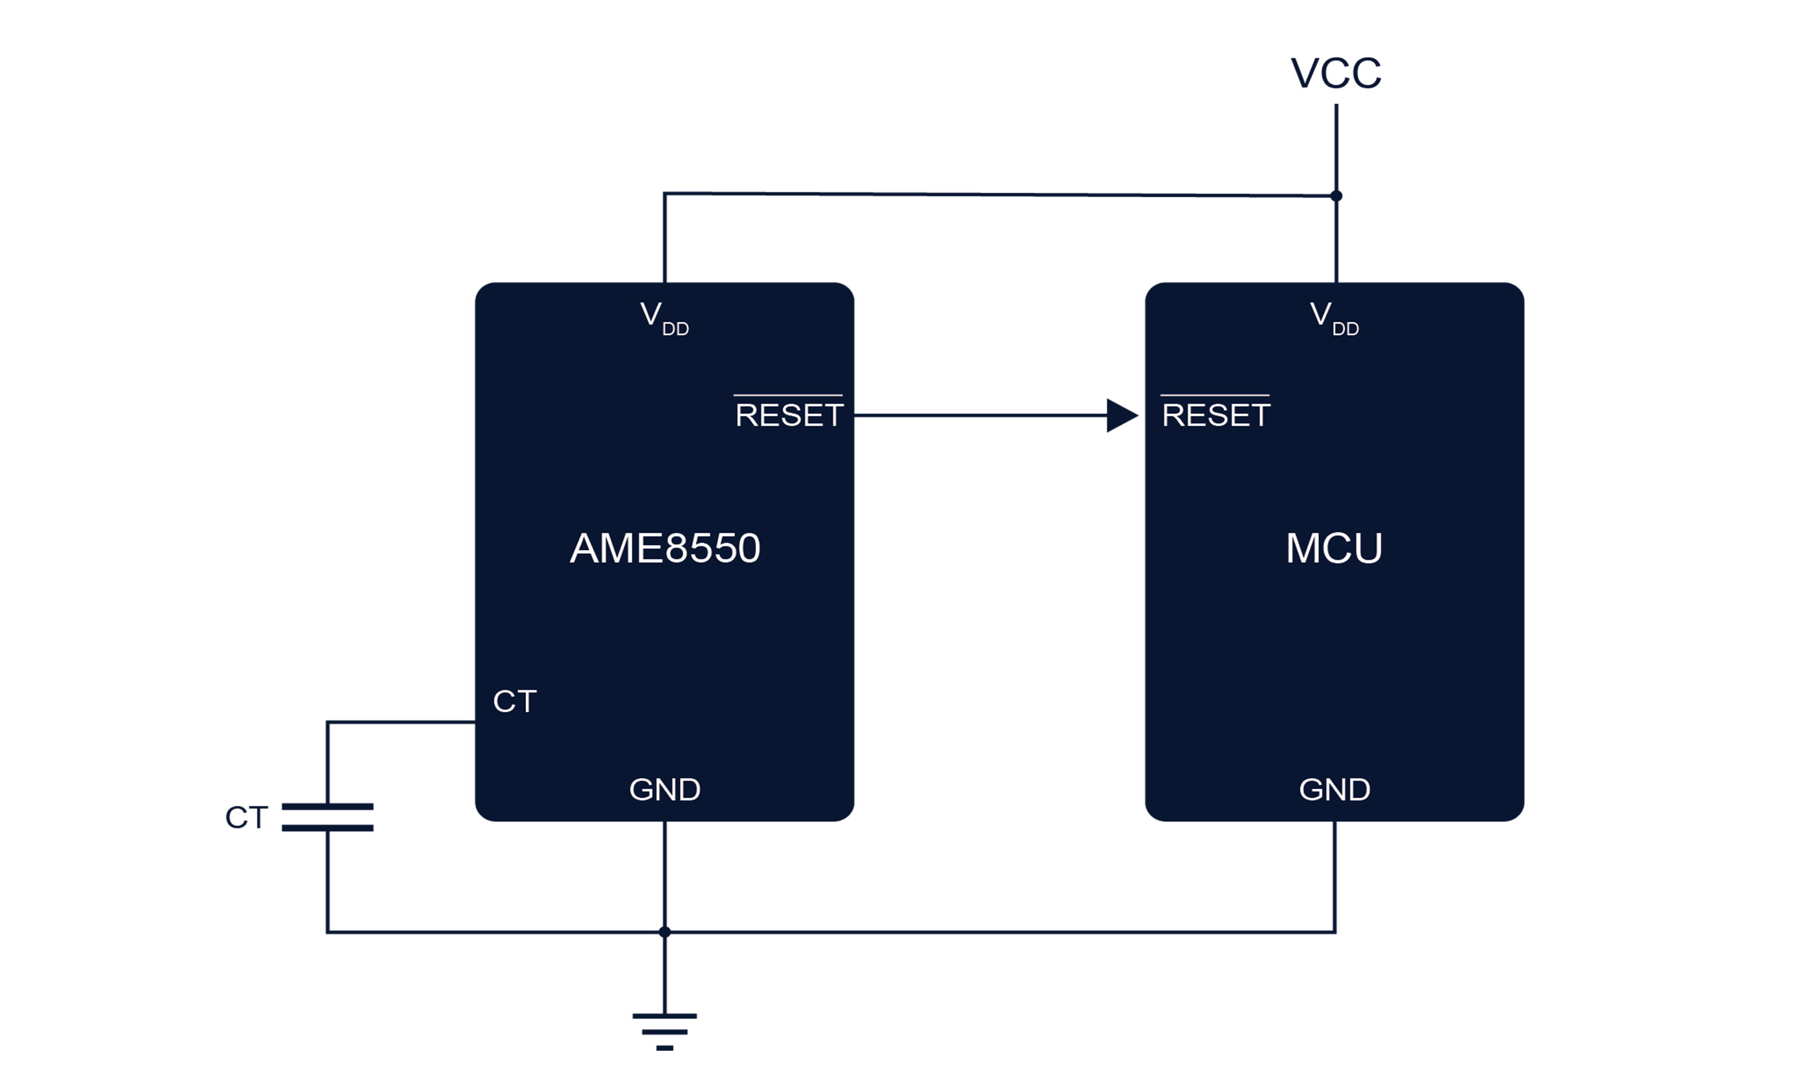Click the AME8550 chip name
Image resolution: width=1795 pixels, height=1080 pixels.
664,548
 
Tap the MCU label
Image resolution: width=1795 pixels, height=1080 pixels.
1334,548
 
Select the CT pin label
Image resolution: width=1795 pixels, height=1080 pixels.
515,701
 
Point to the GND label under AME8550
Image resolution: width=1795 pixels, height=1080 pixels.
664,790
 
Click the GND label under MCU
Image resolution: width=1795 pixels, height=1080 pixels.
1334,790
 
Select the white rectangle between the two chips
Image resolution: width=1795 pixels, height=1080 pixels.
964,669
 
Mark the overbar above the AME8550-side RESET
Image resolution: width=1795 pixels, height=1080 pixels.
788,395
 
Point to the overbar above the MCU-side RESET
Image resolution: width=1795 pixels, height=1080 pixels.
1215,395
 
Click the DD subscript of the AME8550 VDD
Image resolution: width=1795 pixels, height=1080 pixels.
675,329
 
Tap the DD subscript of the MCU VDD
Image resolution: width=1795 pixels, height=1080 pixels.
1345,329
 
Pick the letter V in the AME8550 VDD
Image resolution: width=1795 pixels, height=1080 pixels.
651,314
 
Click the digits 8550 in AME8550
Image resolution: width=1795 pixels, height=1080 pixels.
712,548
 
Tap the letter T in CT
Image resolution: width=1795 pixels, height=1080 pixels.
526,701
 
